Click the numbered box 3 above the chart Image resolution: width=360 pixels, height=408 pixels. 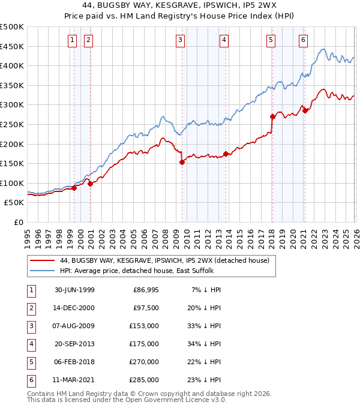click(180, 40)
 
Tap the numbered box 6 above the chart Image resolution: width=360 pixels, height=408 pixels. click(304, 40)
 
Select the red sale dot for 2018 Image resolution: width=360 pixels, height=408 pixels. click(272, 116)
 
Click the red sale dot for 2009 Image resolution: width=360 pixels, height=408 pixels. click(182, 162)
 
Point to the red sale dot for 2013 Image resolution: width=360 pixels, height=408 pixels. click(226, 154)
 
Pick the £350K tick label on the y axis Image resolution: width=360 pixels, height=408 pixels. click(13, 85)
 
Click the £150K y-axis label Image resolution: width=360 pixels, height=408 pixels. click(13, 163)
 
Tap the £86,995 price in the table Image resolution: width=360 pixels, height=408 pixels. click(145, 290)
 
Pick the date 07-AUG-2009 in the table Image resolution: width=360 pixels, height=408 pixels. click(74, 326)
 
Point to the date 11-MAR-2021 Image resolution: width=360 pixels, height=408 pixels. click(74, 380)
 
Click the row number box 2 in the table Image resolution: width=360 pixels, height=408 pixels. click(30, 308)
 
